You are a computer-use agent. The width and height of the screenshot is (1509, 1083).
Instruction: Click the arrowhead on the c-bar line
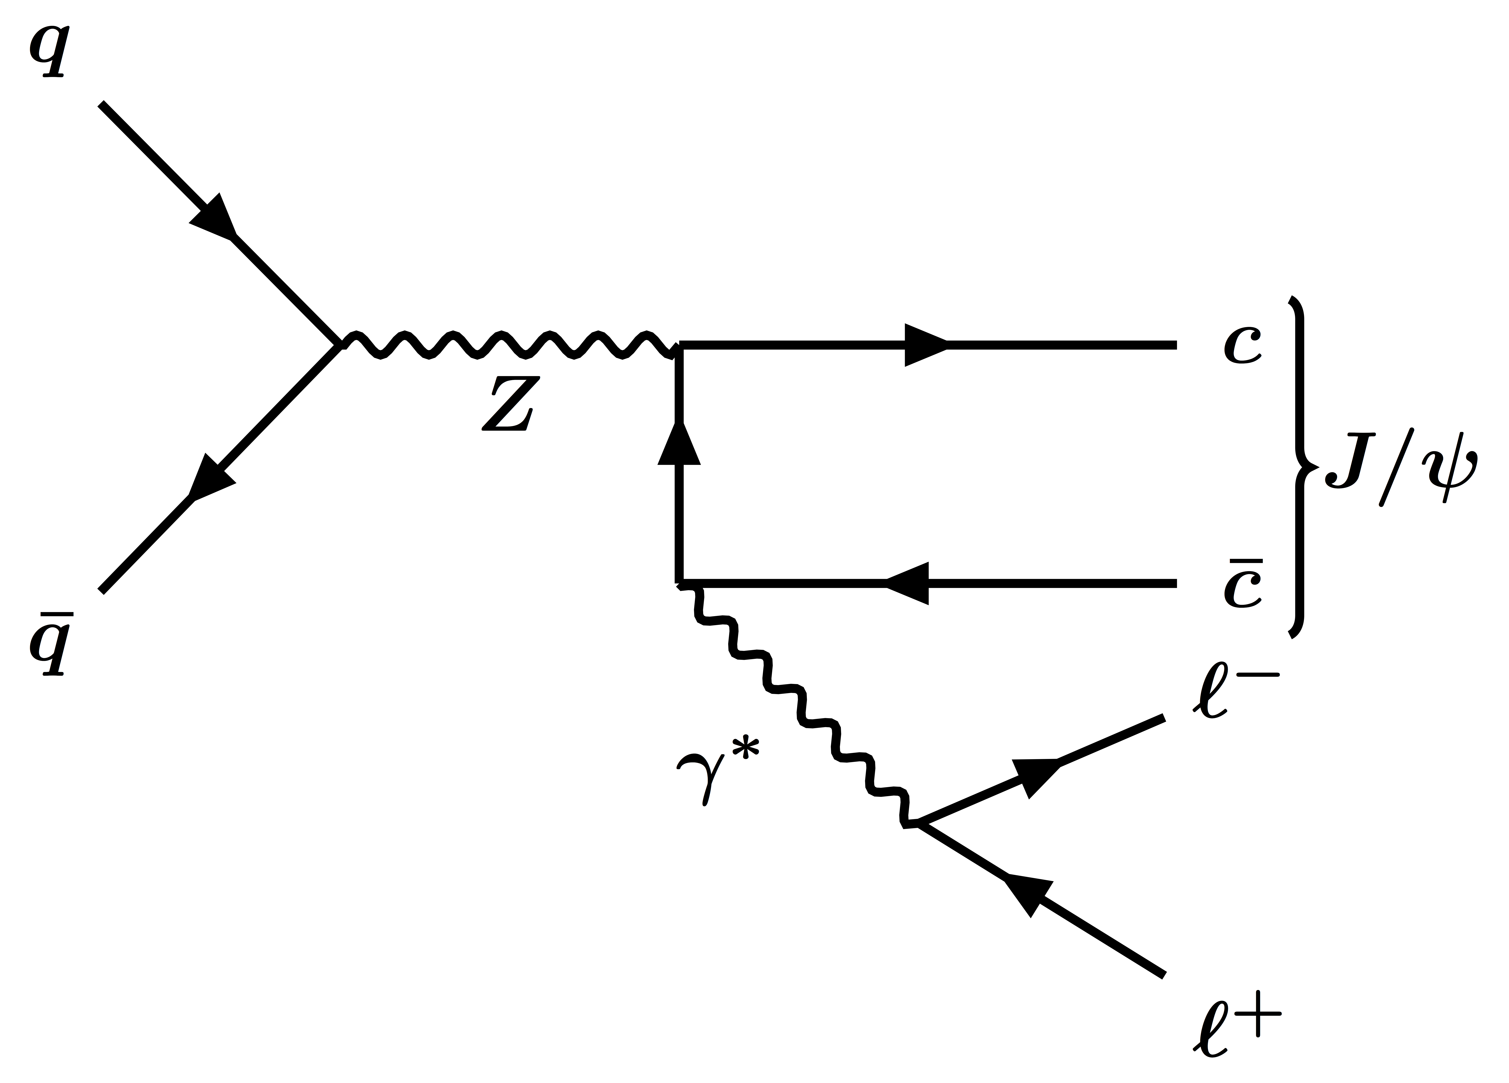tap(908, 584)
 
